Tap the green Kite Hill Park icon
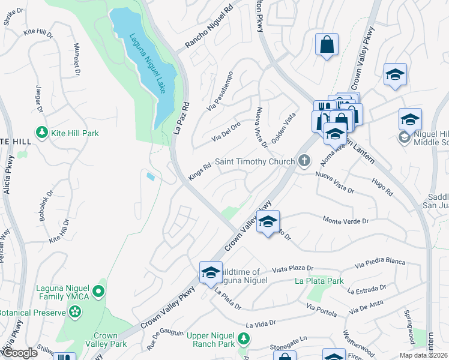coord(41,133)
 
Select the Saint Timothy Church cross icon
coord(305,161)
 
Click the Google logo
coord(19,353)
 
